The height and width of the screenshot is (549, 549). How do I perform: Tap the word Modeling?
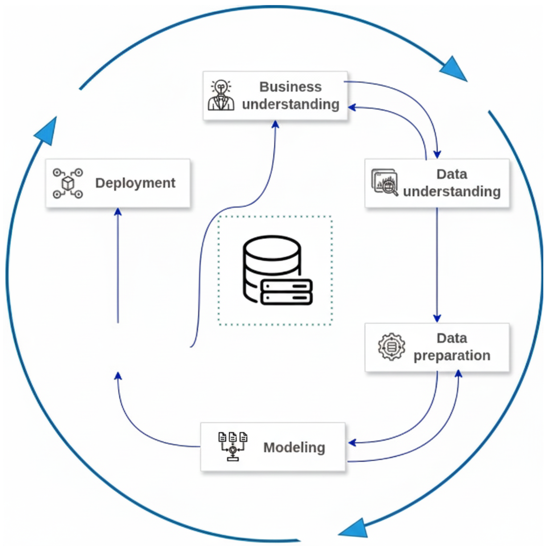point(294,448)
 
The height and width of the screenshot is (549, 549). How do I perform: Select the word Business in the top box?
point(290,87)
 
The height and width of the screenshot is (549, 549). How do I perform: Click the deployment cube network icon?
point(68,183)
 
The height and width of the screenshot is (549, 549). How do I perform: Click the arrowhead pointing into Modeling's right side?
point(352,443)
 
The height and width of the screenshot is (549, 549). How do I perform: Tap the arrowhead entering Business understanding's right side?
point(352,107)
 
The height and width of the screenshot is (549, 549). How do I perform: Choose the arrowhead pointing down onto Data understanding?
point(437,155)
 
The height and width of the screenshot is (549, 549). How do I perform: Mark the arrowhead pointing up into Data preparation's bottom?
point(459,374)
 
